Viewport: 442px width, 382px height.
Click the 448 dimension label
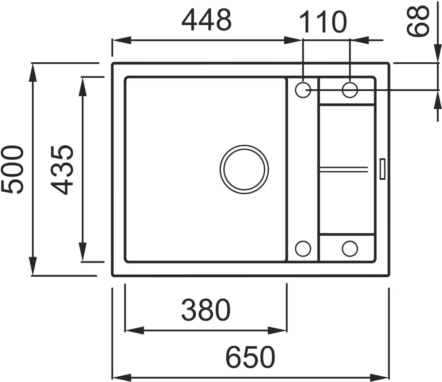click(x=206, y=20)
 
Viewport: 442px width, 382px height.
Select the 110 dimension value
click(x=323, y=22)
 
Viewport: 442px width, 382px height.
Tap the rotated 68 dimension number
click(x=418, y=21)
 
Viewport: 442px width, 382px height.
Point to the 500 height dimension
click(x=12, y=169)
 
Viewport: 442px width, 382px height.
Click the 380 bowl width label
click(x=206, y=310)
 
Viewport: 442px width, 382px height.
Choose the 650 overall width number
click(x=250, y=357)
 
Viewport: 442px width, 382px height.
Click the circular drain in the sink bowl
click(x=244, y=170)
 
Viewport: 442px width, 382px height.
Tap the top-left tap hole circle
click(x=303, y=90)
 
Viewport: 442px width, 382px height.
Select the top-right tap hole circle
click(x=350, y=90)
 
